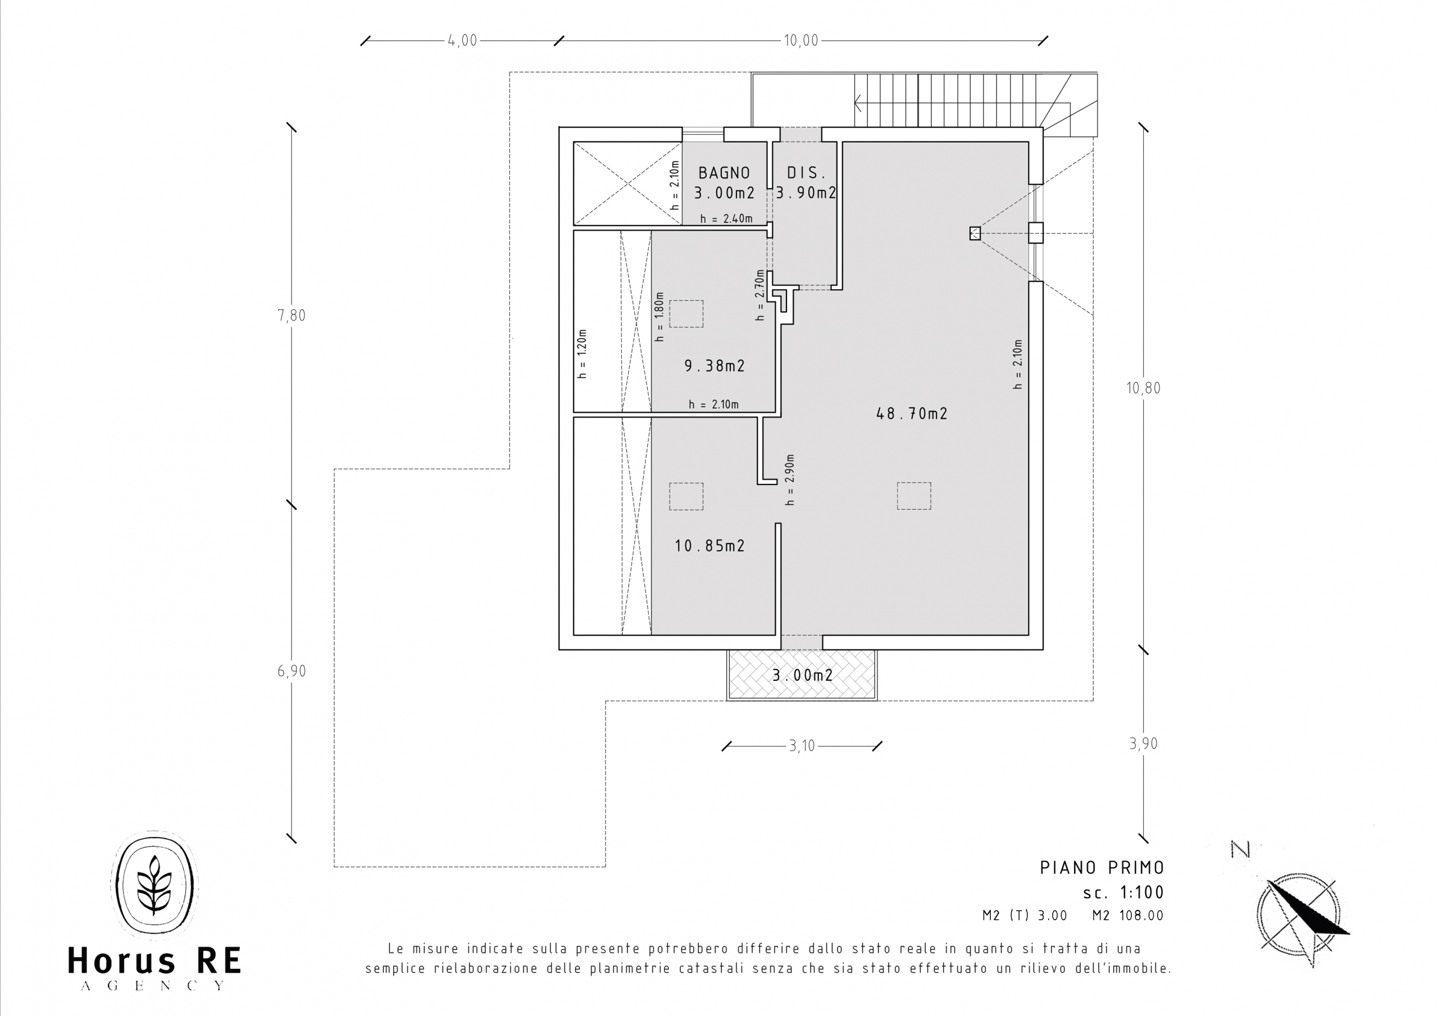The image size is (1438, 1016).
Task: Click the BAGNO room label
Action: [x=724, y=173]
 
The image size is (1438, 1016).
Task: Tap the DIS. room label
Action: [x=807, y=173]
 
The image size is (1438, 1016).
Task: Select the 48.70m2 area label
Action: [x=912, y=414]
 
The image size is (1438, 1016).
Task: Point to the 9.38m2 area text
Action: [x=715, y=365]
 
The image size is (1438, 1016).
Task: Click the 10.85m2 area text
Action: [x=709, y=546]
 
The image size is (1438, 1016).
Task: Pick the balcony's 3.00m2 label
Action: [x=802, y=675]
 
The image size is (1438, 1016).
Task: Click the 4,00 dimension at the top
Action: [x=462, y=40]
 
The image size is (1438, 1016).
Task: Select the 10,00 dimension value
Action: [x=801, y=40]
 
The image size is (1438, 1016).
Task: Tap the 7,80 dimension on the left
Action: [x=292, y=315]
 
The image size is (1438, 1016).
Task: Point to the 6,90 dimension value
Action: [x=292, y=671]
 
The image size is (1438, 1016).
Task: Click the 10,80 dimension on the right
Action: [x=1144, y=388]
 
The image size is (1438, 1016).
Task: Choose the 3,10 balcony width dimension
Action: [x=802, y=746]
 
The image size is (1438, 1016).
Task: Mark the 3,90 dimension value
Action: [x=1144, y=744]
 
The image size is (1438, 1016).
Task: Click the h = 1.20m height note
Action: [x=583, y=354]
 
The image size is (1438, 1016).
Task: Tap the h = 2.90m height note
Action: [x=790, y=480]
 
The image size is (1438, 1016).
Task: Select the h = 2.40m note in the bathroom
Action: [x=726, y=219]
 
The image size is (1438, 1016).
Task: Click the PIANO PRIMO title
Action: [x=1102, y=868]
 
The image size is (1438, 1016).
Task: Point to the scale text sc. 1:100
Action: [x=1123, y=892]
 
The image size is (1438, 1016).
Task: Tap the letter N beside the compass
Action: [x=1240, y=849]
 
